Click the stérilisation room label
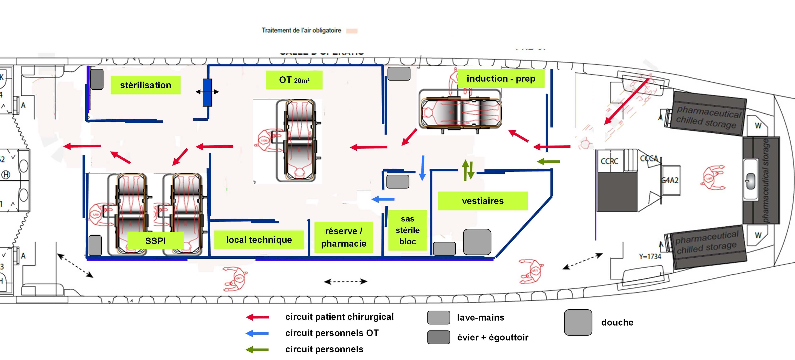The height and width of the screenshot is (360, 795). coord(145,85)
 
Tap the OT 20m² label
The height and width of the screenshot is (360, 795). coord(294,80)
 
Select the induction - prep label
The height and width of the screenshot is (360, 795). coord(501,79)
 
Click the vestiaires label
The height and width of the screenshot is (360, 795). coord(483,201)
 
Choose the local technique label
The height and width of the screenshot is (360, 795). coord(259,240)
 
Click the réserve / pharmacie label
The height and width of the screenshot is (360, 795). coord(343,237)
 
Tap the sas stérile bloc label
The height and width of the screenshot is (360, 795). coord(407,230)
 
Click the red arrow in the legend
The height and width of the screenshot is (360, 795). coord(257,317)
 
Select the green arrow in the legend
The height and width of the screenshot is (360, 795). coord(257,349)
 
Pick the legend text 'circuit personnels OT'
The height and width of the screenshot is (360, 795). coord(332,333)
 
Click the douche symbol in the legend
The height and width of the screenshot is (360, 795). coord(578,322)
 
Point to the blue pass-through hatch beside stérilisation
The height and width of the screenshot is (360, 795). coord(207,92)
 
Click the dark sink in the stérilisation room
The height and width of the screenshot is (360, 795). coord(97,79)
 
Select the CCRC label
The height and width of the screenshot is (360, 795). coord(609,161)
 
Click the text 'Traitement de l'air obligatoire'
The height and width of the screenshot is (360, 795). coord(301,30)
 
